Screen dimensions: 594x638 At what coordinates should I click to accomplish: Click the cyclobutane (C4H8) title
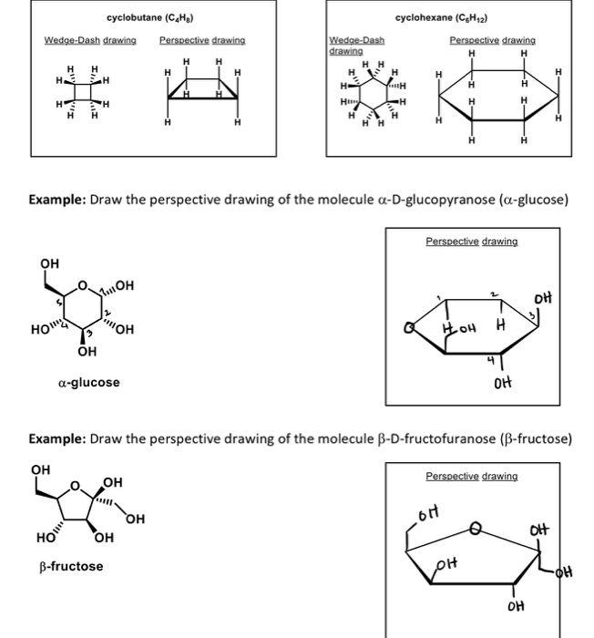point(151,18)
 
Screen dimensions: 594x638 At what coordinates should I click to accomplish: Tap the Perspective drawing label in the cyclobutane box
point(201,41)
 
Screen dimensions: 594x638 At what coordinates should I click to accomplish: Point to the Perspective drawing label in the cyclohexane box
point(492,41)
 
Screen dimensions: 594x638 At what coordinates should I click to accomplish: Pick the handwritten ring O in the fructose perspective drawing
point(474,526)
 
